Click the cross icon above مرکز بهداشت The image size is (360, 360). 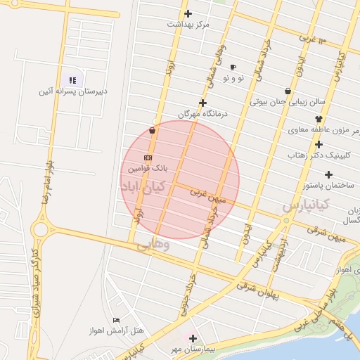(188, 13)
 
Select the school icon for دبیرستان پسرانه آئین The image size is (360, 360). (72, 80)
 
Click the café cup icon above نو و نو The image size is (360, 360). (233, 67)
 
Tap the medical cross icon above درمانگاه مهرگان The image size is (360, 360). (202, 103)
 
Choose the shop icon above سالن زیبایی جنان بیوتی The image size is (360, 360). (288, 91)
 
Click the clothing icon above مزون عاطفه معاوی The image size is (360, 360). (319, 119)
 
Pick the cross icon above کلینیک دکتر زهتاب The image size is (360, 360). (319, 144)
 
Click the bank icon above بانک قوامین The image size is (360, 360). (148, 157)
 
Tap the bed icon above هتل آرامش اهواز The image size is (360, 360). (116, 320)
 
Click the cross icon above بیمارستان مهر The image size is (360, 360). (193, 337)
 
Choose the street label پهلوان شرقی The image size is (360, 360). (258, 291)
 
